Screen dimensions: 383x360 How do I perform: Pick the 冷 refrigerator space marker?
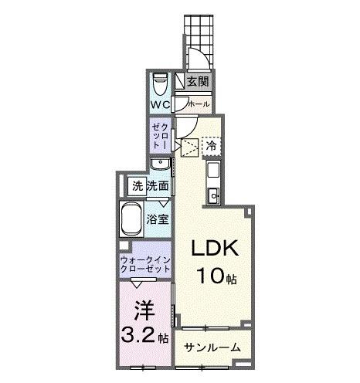(210, 144)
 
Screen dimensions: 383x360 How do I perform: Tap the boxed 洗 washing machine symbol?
(137, 185)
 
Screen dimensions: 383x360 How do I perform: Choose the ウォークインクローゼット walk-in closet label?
(145, 266)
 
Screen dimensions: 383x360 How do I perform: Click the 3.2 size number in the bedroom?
(140, 337)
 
